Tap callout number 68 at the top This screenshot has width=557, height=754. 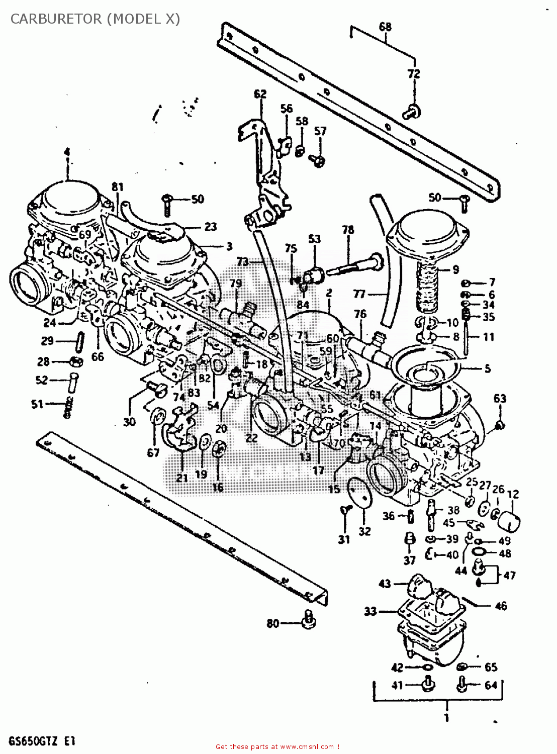(x=385, y=27)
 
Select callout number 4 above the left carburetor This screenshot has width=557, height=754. (x=67, y=152)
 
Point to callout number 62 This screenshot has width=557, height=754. (x=260, y=94)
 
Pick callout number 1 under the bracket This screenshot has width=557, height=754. (x=446, y=718)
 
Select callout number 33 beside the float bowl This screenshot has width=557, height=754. (x=370, y=611)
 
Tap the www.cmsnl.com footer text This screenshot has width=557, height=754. (x=277, y=747)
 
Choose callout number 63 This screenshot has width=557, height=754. (x=499, y=399)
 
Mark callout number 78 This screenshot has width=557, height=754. (x=348, y=230)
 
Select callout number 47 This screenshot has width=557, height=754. (x=509, y=575)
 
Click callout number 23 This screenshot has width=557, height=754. (x=210, y=227)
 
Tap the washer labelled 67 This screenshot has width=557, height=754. (x=157, y=417)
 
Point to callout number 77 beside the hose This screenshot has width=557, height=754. (x=359, y=294)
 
